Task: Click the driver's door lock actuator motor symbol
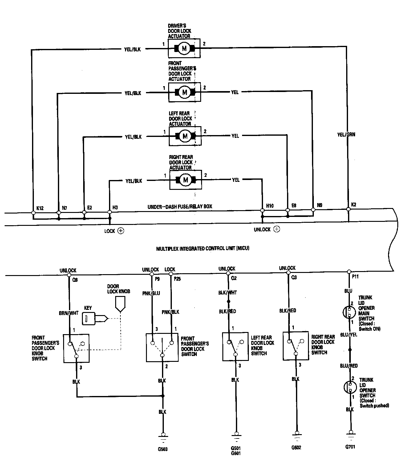184,48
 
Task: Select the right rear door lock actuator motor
185,180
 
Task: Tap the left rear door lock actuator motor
185,136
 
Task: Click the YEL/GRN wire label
346,134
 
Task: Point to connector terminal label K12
40,208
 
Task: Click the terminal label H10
270,206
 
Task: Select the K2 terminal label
354,204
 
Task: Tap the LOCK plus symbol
121,231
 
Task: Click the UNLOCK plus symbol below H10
277,229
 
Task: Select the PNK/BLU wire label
151,293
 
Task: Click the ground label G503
163,449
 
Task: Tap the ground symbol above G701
350,435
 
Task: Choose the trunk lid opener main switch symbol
349,312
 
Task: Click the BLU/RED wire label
349,366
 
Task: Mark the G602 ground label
296,447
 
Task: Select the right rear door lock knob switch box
296,346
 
